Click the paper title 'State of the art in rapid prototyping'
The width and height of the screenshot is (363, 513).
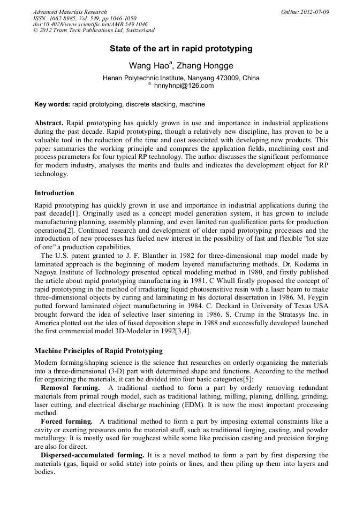point(181,49)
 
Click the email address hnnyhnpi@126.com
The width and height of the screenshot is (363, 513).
point(184,86)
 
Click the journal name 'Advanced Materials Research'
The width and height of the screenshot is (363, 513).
point(70,12)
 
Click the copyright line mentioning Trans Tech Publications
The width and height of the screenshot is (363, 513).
point(94,31)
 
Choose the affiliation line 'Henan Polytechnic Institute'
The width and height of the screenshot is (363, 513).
point(181,78)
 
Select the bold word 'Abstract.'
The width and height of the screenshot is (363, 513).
point(49,122)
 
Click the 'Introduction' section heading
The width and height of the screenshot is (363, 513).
point(54,193)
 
